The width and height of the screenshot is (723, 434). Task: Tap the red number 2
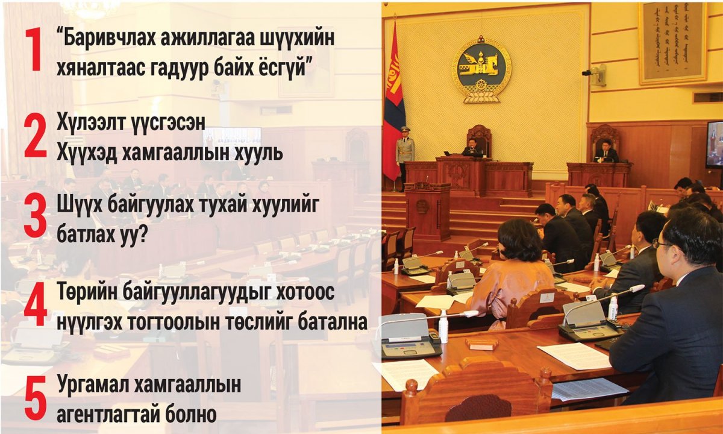click(x=36, y=137)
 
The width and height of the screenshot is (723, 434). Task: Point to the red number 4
click(x=36, y=304)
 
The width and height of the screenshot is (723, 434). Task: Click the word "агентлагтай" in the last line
click(x=108, y=415)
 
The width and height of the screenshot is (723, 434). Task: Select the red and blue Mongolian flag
click(x=394, y=103)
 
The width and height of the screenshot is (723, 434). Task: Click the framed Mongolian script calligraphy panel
click(x=674, y=43)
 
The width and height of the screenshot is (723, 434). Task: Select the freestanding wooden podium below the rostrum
click(x=427, y=211)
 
